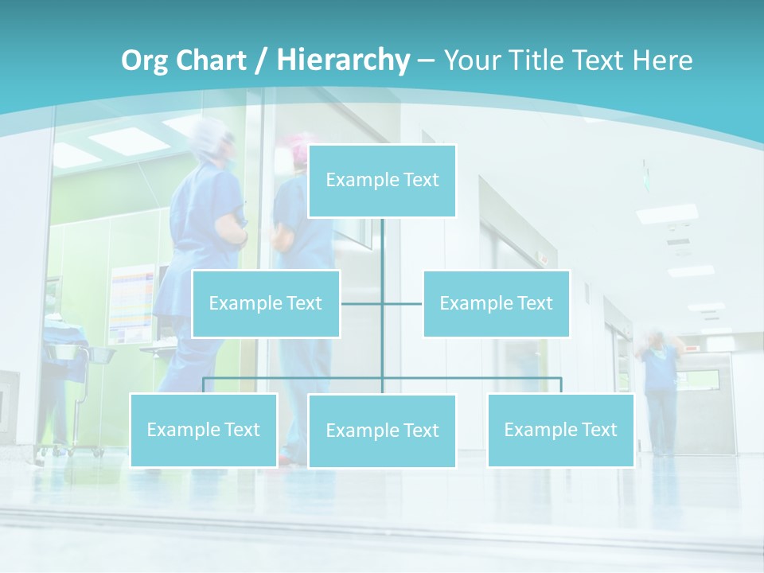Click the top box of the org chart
tap(382, 181)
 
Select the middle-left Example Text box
tap(266, 303)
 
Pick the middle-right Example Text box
tap(496, 303)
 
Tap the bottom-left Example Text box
tap(204, 430)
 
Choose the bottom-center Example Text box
tap(382, 431)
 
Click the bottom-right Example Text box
tap(560, 430)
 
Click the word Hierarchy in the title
tap(343, 60)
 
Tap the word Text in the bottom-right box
tap(598, 430)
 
